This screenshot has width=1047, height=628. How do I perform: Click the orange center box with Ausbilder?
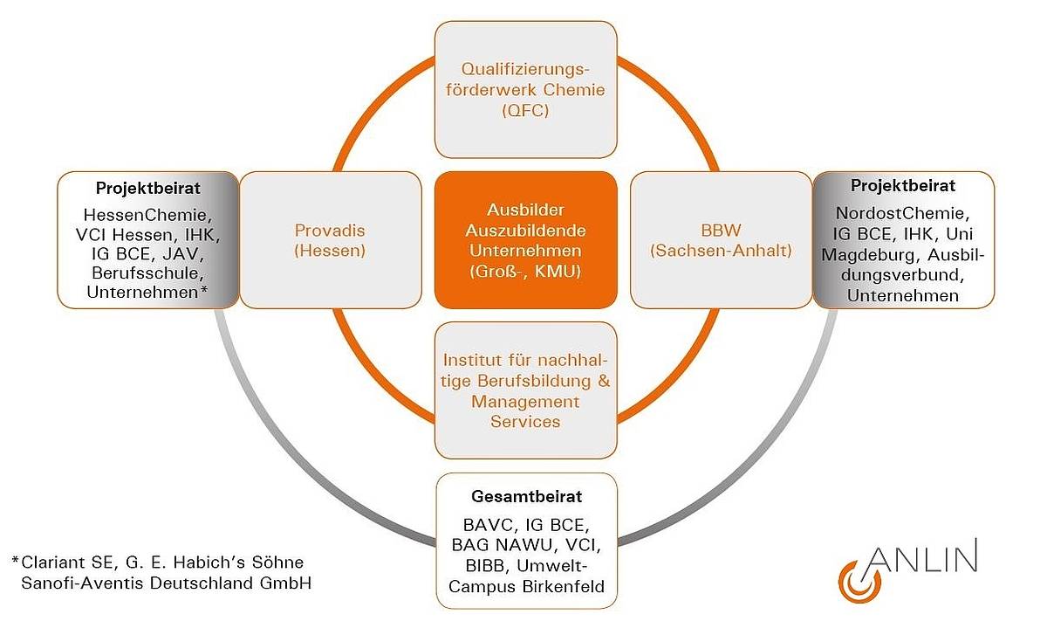pyautogui.click(x=525, y=240)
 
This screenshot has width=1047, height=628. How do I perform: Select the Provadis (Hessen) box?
pyautogui.click(x=330, y=240)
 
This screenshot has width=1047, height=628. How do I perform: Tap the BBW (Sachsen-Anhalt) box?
pyautogui.click(x=721, y=240)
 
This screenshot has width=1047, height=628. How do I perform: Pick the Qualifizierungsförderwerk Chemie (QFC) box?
pyautogui.click(x=525, y=89)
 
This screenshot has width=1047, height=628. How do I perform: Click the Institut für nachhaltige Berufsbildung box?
pyautogui.click(x=525, y=390)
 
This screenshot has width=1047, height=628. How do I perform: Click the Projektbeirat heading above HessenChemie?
pyautogui.click(x=147, y=188)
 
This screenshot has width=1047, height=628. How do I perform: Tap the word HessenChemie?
pyautogui.click(x=147, y=214)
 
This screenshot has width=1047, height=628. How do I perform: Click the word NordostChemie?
pyautogui.click(x=902, y=212)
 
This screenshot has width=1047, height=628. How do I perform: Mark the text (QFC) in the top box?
pyautogui.click(x=525, y=111)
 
